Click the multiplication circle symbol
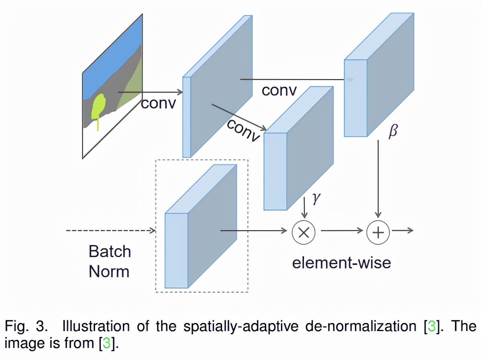304,232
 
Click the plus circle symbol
378,232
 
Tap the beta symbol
393,131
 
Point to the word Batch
110,252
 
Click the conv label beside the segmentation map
159,103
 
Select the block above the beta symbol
377,76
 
